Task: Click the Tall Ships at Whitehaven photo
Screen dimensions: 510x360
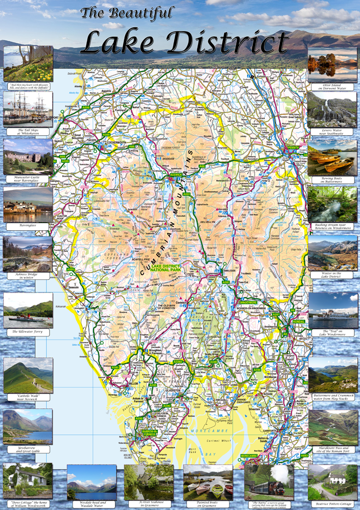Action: pyautogui.click(x=28, y=109)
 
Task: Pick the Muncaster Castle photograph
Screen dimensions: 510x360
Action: pyautogui.click(x=28, y=156)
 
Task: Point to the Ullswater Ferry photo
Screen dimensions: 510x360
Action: pyautogui.click(x=28, y=310)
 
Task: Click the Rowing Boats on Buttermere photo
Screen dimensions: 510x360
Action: pyautogui.click(x=332, y=158)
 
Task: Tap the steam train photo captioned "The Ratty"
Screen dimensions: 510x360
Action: pyautogui.click(x=269, y=482)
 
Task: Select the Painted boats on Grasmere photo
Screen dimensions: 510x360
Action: pyautogui.click(x=208, y=482)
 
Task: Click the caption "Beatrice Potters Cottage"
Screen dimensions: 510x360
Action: pyautogui.click(x=332, y=504)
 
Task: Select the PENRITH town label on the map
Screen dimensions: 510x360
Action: pyautogui.click(x=293, y=148)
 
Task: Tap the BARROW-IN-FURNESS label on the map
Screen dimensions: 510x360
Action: pyautogui.click(x=147, y=432)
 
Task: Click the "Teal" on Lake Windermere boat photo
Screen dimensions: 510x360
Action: pyautogui.click(x=332, y=310)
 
